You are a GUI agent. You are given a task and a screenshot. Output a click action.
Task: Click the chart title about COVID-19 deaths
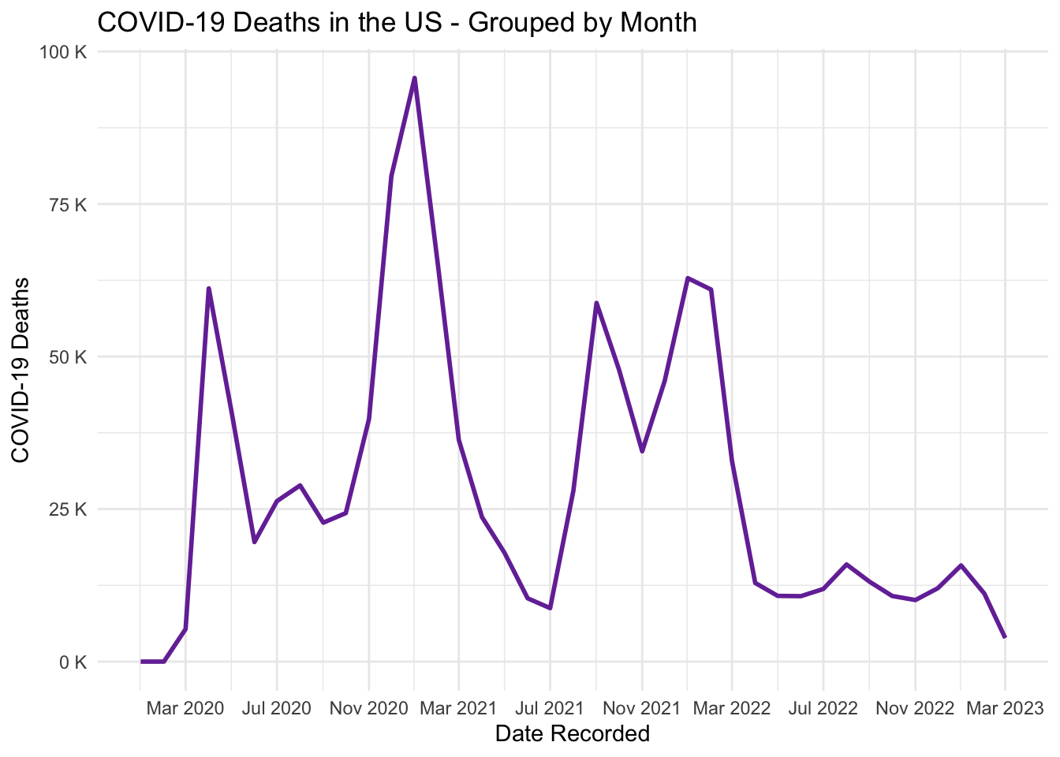pyautogui.click(x=397, y=22)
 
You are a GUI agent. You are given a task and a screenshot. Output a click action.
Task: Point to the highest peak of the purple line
pyautogui.click(x=414, y=77)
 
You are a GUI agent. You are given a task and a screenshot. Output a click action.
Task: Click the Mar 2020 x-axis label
pyautogui.click(x=185, y=708)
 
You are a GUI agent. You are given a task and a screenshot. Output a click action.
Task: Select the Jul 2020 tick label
pyautogui.click(x=277, y=708)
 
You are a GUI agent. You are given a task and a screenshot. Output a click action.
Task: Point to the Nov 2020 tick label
pyautogui.click(x=368, y=708)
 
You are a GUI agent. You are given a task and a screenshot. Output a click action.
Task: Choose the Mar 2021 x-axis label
pyautogui.click(x=458, y=708)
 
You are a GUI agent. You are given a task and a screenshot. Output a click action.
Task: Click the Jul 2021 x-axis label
pyautogui.click(x=550, y=708)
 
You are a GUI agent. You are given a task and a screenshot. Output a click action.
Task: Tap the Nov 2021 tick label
pyautogui.click(x=641, y=708)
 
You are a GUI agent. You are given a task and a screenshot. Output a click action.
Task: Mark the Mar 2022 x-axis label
pyautogui.click(x=732, y=708)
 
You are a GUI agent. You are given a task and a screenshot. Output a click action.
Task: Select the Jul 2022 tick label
pyautogui.click(x=823, y=708)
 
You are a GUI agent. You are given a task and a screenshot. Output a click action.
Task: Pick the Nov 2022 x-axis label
pyautogui.click(x=915, y=708)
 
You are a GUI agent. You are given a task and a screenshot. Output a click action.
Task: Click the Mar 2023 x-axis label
pyautogui.click(x=1005, y=708)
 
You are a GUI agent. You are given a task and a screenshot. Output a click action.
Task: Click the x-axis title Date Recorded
pyautogui.click(x=573, y=734)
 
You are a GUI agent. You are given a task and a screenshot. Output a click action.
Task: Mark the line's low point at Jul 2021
pyautogui.click(x=550, y=608)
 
